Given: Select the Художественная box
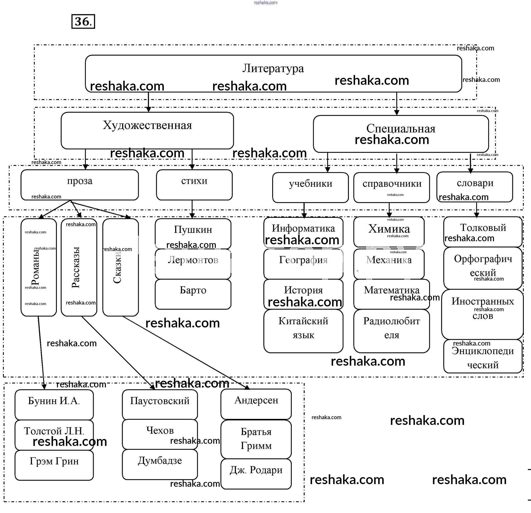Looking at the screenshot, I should (x=147, y=130).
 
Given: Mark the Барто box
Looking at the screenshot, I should (x=193, y=294).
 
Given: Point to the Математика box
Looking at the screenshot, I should (x=391, y=294).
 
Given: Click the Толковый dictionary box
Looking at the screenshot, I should (x=483, y=231).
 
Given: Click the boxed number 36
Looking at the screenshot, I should (x=83, y=21).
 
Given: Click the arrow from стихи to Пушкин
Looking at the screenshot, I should (x=192, y=209).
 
